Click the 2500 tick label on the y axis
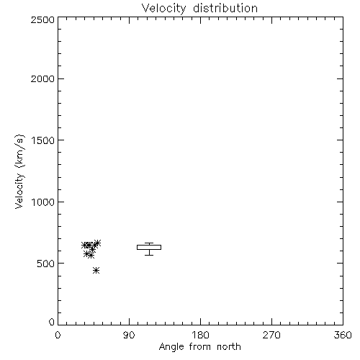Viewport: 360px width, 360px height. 42,19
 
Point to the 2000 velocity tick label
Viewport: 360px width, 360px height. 42,78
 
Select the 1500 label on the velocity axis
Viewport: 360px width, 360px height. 43,140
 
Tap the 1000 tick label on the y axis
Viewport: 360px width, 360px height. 43,202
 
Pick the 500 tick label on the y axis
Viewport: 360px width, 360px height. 46,264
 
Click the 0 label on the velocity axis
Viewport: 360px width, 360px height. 52,322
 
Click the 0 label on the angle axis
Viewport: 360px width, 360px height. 58,335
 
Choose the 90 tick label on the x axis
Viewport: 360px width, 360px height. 129,335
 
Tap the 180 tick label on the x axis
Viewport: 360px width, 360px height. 200,335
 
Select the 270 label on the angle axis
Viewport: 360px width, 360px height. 271,335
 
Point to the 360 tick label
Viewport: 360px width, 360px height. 343,335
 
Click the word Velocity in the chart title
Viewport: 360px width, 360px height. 164,9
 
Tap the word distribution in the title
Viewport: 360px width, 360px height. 225,8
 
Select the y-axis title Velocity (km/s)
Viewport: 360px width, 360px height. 19,171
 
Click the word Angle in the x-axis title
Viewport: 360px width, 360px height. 171,347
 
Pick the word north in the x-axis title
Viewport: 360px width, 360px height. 229,346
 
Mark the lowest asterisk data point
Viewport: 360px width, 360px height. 96,271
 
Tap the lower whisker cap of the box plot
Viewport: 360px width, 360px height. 149,255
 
